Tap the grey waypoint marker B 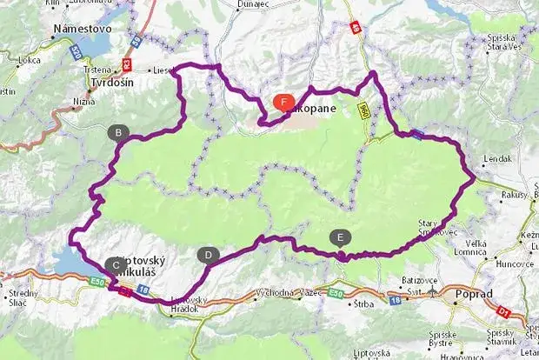117,133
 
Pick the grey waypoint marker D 209,255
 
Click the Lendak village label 500,160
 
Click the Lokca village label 30,61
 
